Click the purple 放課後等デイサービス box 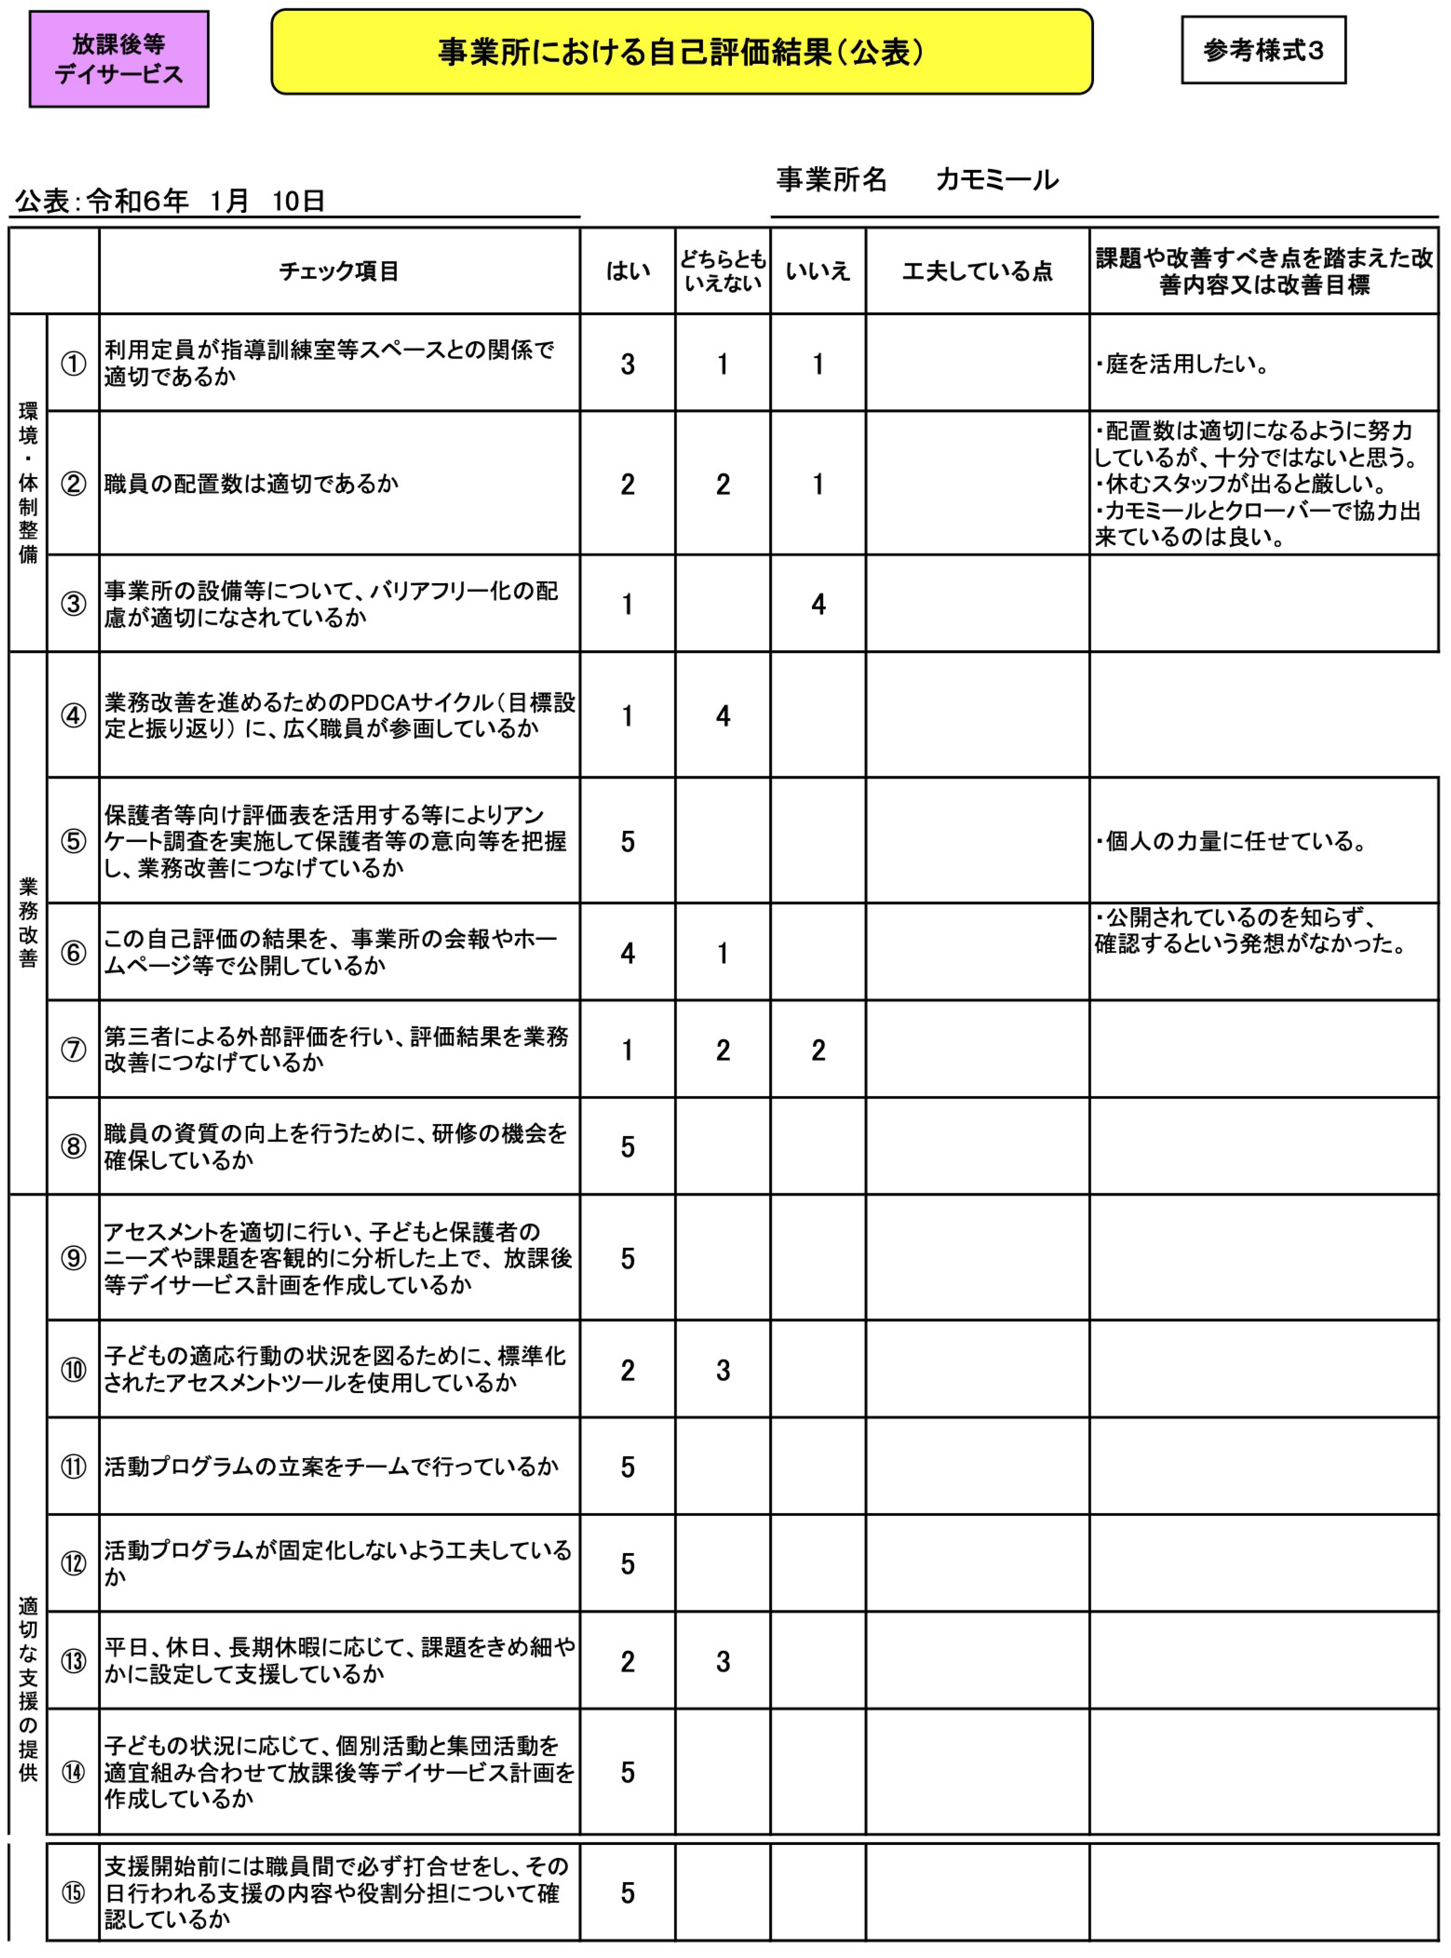tap(119, 59)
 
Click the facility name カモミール tap(997, 180)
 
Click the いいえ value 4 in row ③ tap(818, 604)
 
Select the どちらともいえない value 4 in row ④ tap(723, 716)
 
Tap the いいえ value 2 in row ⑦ tap(818, 1050)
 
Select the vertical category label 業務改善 tap(28, 922)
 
